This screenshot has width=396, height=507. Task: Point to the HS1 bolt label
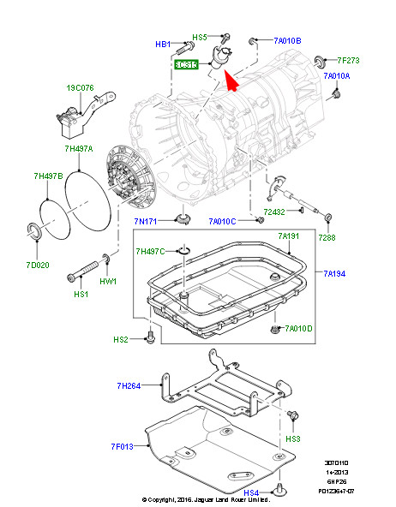81,295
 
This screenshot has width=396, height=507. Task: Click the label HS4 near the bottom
251,493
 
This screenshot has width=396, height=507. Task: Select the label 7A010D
299,329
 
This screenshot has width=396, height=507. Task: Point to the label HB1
162,43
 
